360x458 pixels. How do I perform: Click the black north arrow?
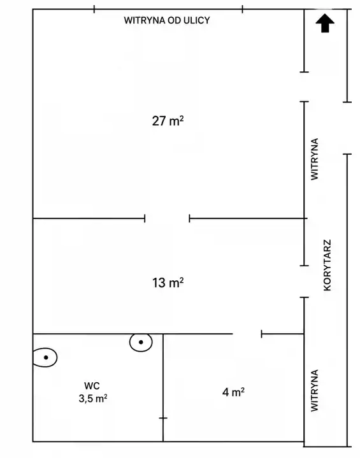325,23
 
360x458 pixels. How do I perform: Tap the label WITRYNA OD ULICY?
167,20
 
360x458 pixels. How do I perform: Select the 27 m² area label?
168,120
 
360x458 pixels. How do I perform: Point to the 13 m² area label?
168,282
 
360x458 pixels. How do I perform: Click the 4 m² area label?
233,392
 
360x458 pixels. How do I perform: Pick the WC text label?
92,385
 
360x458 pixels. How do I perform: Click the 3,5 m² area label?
93,398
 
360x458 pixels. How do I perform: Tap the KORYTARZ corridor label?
328,265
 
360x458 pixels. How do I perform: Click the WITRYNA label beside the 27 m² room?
314,159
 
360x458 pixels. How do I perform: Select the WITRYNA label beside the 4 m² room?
314,390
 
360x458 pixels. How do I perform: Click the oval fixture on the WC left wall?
45,357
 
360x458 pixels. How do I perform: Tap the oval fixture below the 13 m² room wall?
141,342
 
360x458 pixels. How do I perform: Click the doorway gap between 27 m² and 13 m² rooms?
167,218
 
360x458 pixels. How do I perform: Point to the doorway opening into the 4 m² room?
247,334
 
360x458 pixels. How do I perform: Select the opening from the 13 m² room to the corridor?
304,282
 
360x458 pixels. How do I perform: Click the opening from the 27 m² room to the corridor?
304,87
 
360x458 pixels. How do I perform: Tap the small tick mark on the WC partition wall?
163,418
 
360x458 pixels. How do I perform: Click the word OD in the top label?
175,20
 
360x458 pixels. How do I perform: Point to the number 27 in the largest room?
159,121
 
